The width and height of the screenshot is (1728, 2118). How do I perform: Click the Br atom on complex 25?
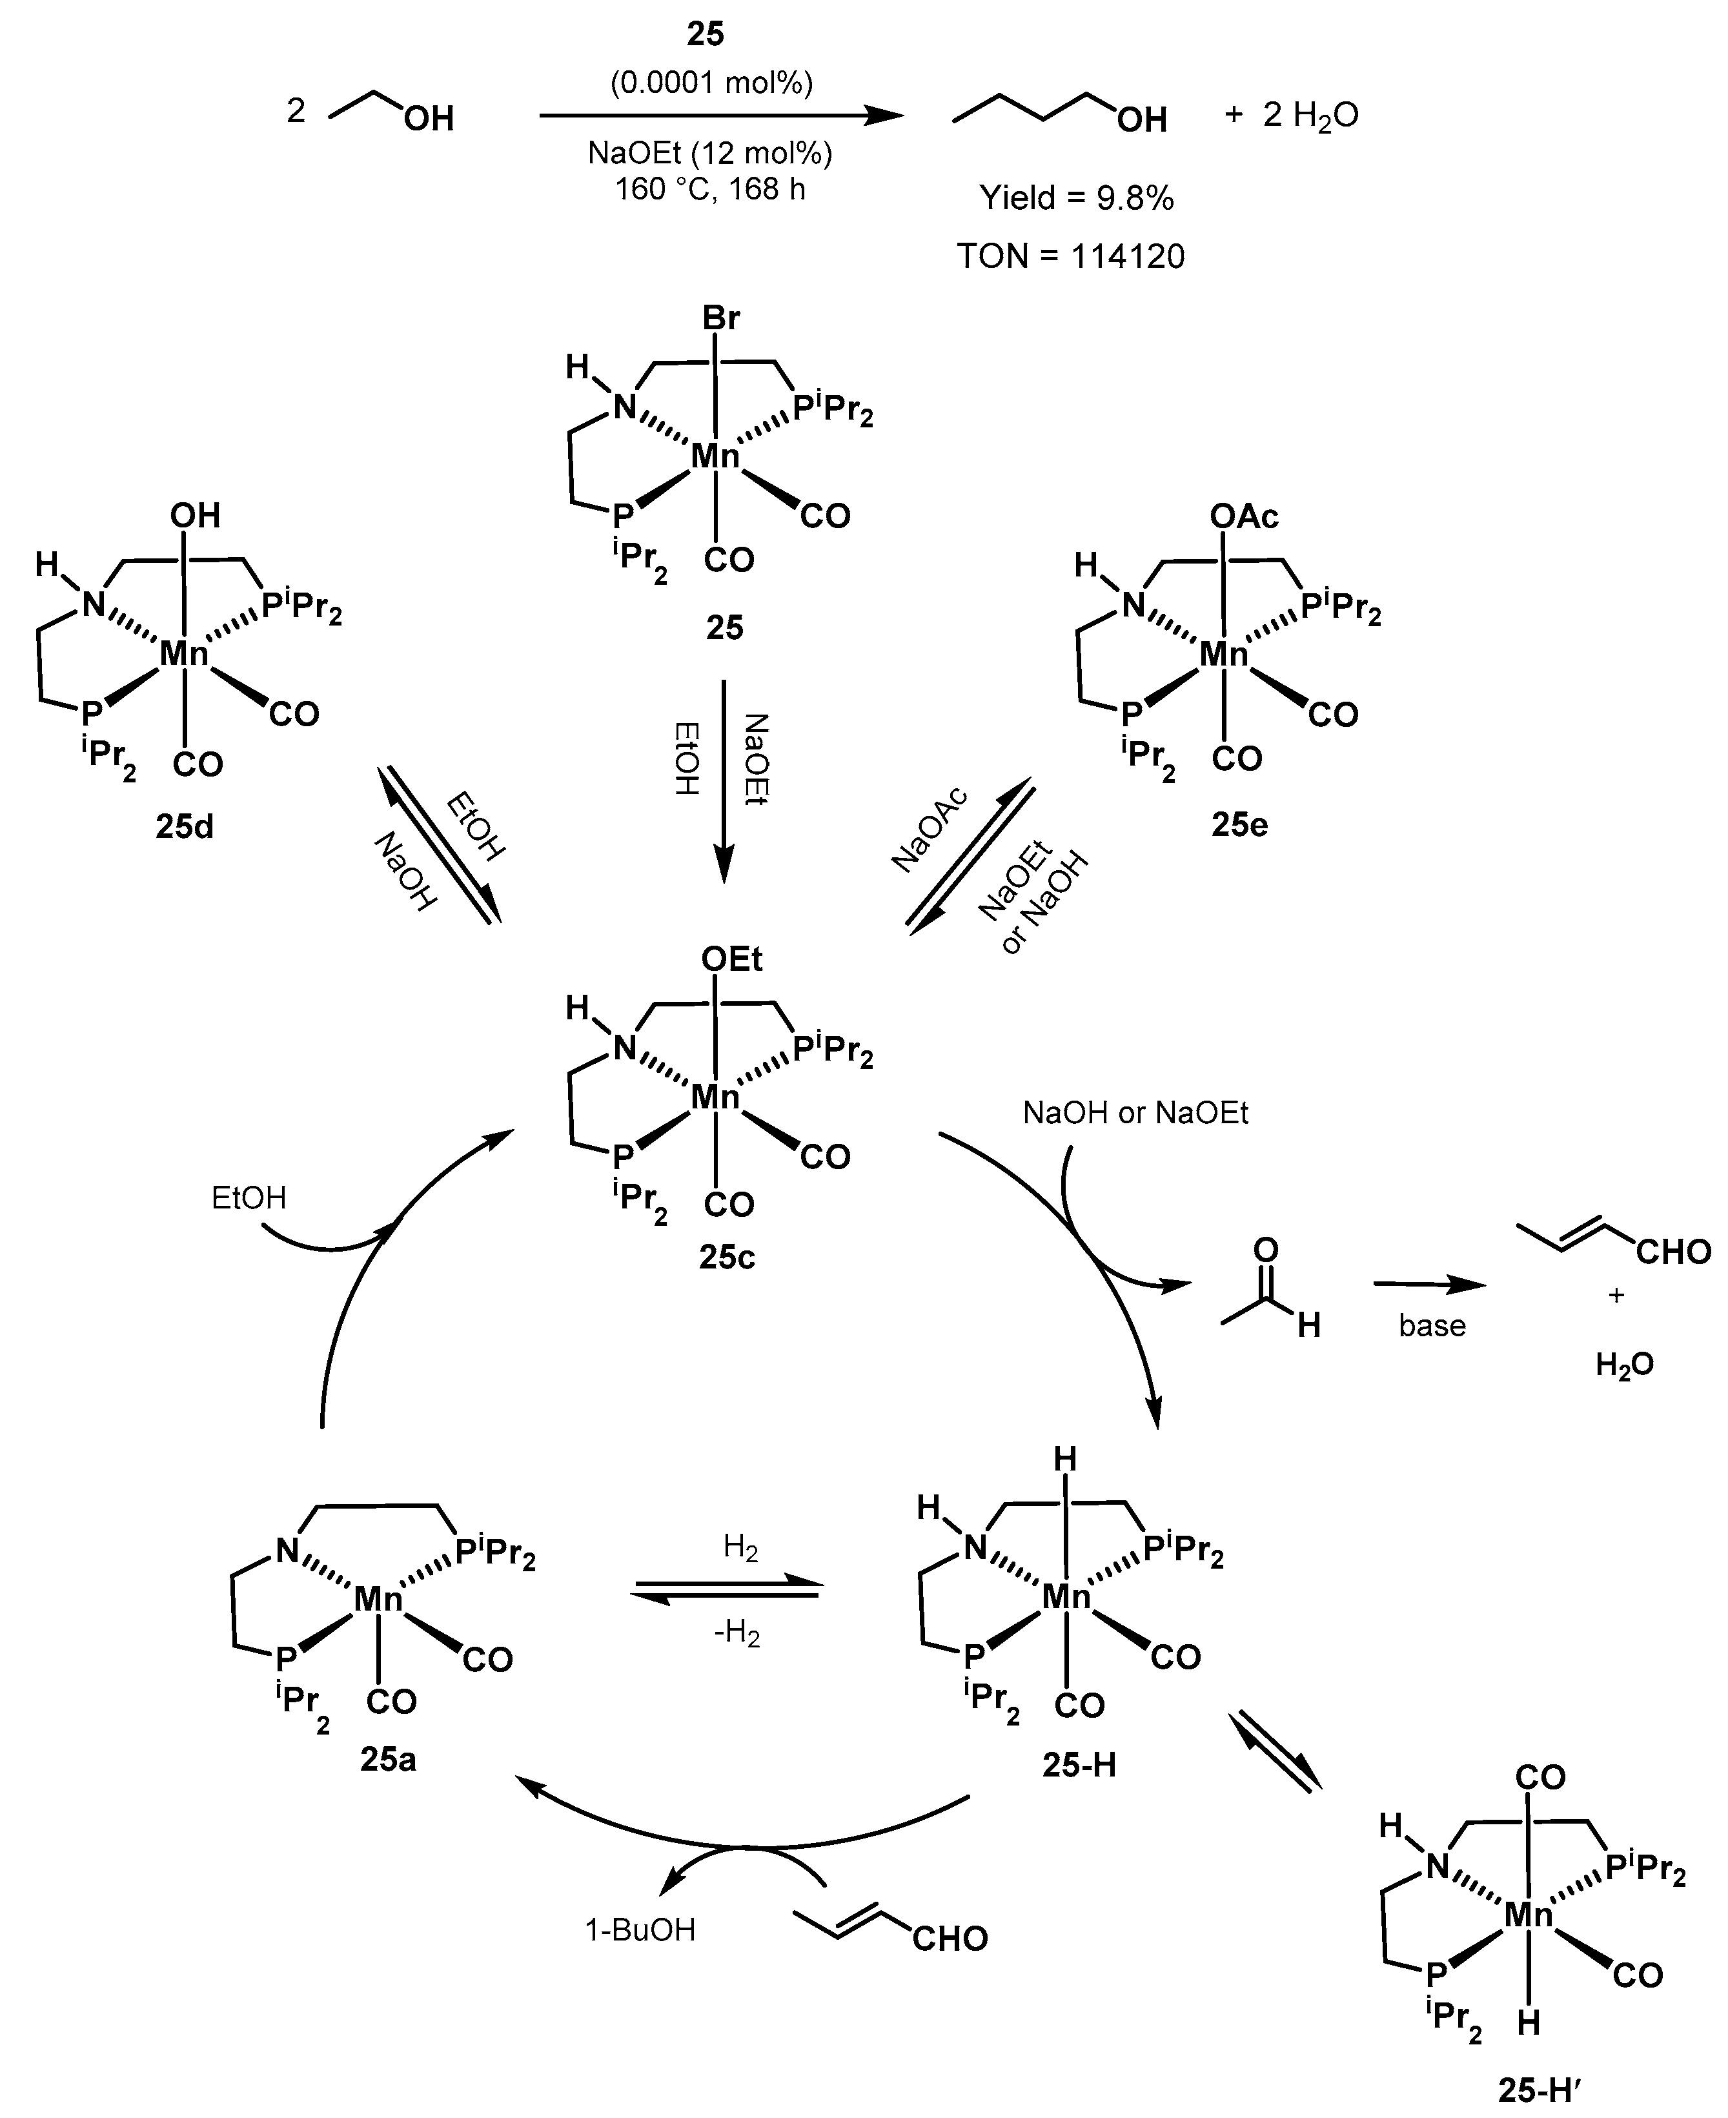[x=720, y=318]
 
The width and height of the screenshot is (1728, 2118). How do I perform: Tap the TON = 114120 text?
[x=1071, y=257]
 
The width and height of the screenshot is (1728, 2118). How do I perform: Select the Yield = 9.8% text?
[x=1076, y=198]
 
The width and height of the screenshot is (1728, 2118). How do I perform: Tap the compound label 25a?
[x=388, y=1760]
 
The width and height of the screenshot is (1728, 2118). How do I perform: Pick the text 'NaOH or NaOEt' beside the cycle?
[x=1135, y=1113]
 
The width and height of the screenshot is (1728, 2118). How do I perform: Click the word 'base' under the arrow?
[x=1431, y=1326]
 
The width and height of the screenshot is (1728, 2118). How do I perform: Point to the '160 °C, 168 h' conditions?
[x=709, y=188]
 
